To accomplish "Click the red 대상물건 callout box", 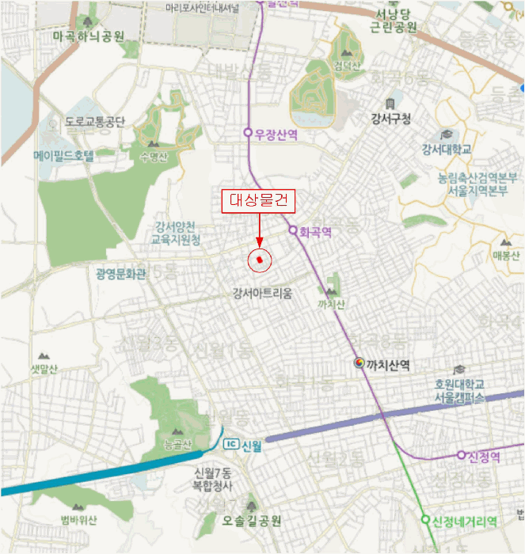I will (257, 202).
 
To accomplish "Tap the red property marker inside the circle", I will (259, 259).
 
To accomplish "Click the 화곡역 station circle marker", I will (292, 231).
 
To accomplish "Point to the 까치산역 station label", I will (388, 365).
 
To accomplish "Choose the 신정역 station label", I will (481, 456).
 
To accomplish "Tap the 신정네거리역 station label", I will (464, 521).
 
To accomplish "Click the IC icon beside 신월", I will (231, 443).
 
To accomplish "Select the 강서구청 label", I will (390, 120).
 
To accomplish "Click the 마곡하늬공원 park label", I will (89, 36).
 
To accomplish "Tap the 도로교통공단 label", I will (95, 123).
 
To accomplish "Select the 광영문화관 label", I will (120, 275).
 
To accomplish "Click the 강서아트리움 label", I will (262, 294).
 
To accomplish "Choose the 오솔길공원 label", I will (253, 521).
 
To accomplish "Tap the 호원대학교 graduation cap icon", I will (458, 370).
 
